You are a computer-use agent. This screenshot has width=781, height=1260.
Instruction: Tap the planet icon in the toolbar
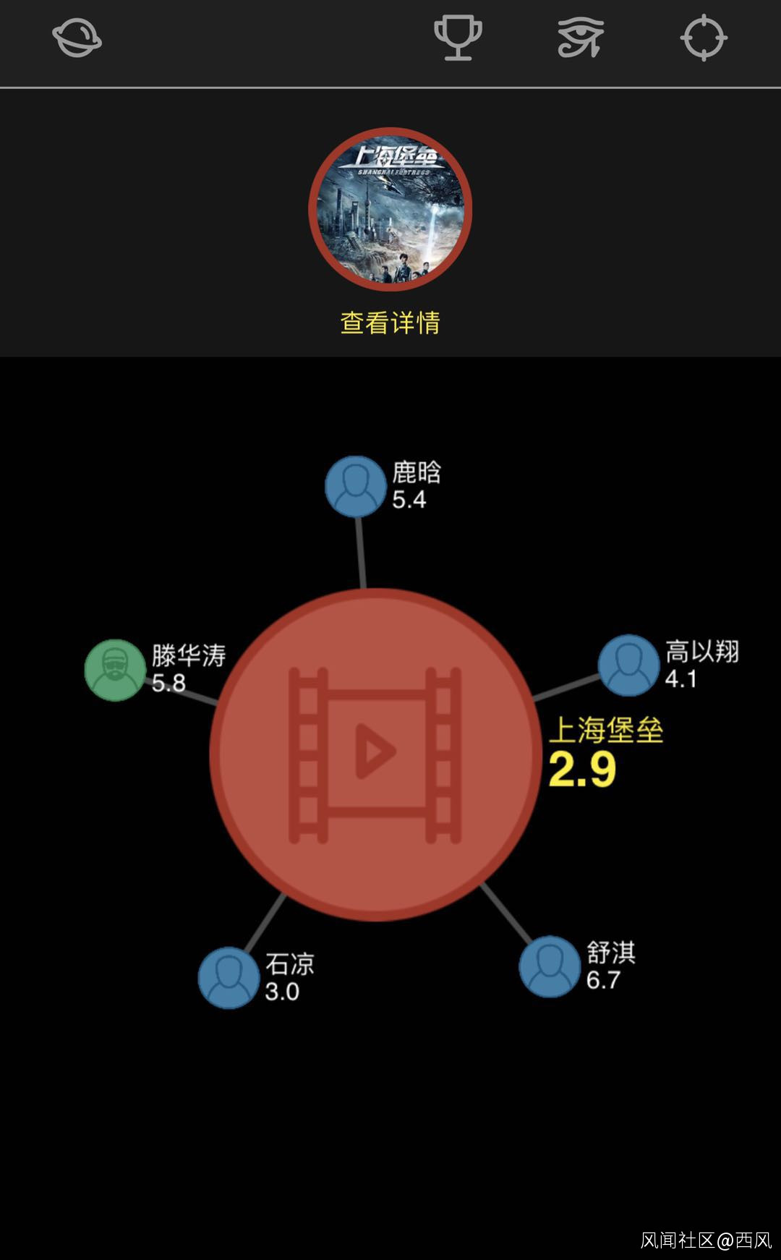(x=77, y=38)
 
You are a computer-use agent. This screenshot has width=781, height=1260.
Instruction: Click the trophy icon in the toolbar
(x=458, y=38)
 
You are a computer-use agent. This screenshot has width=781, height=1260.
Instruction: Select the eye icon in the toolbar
(x=581, y=38)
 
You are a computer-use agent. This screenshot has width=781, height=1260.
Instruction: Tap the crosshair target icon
(x=704, y=38)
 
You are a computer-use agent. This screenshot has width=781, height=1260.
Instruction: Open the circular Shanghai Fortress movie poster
(x=390, y=209)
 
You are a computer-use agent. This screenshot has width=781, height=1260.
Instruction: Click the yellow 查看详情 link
(x=390, y=323)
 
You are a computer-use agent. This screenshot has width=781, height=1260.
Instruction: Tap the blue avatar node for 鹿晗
(x=355, y=486)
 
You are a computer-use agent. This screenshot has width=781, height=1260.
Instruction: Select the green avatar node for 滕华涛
(x=116, y=670)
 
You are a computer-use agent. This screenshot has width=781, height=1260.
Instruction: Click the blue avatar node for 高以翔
(x=628, y=665)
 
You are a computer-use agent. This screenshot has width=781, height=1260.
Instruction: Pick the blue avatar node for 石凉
(x=229, y=977)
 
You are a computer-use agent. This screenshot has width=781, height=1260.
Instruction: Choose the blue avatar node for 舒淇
(x=550, y=966)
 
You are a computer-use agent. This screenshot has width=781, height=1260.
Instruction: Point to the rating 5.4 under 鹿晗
(x=409, y=500)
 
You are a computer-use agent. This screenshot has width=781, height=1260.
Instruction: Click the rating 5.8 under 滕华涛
(x=168, y=683)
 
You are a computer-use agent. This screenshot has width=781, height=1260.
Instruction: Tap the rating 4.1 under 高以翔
(x=681, y=679)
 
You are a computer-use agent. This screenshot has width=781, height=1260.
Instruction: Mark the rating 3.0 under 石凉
(x=282, y=992)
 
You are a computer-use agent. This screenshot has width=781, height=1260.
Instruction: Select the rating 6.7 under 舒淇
(x=603, y=980)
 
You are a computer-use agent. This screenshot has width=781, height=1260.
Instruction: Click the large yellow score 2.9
(x=582, y=770)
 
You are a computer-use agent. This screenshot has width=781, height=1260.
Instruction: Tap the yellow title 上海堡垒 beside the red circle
(x=606, y=730)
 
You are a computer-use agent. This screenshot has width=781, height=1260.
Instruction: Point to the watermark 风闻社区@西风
(x=706, y=1240)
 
